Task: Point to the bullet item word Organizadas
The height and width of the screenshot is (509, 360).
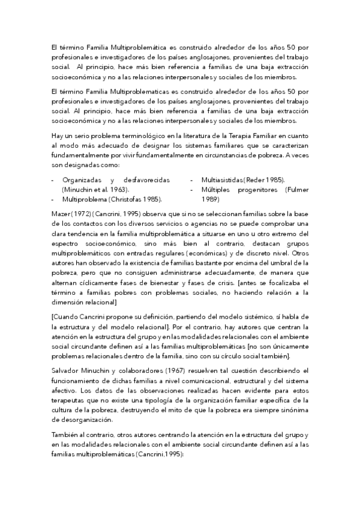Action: [82, 180]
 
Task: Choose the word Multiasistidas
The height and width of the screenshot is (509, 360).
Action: [222, 180]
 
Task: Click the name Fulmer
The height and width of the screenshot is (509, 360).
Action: [295, 189]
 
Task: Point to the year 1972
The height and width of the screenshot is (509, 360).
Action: [84, 214]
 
